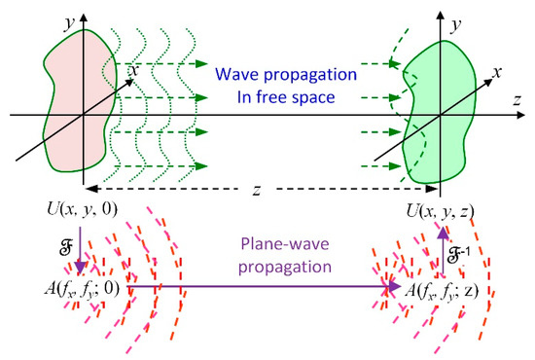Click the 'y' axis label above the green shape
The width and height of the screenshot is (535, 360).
[428, 15]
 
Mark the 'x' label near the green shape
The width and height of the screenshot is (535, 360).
[497, 72]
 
